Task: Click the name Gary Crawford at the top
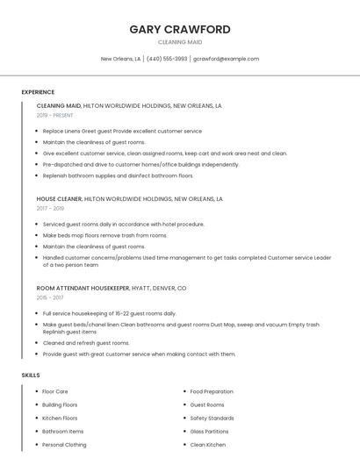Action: coord(180,29)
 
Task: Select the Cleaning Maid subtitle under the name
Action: coord(180,42)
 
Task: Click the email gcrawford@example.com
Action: coord(226,59)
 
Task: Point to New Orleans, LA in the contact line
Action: coord(120,59)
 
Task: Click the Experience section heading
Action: coord(38,92)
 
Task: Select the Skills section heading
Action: coord(31,375)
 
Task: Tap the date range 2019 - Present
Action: coord(54,115)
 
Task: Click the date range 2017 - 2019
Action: coord(50,208)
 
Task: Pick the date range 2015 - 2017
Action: coord(50,297)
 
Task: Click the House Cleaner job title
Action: coord(59,199)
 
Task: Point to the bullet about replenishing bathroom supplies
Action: coord(118,175)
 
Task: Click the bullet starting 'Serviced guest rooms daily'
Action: coord(123,224)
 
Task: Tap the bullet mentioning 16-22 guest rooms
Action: coord(109,313)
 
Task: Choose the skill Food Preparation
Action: coord(212,391)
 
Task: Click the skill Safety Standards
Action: coord(212,418)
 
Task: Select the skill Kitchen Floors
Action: coord(60,418)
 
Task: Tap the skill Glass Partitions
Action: coord(209,432)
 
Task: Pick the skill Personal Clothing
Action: coord(64,445)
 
